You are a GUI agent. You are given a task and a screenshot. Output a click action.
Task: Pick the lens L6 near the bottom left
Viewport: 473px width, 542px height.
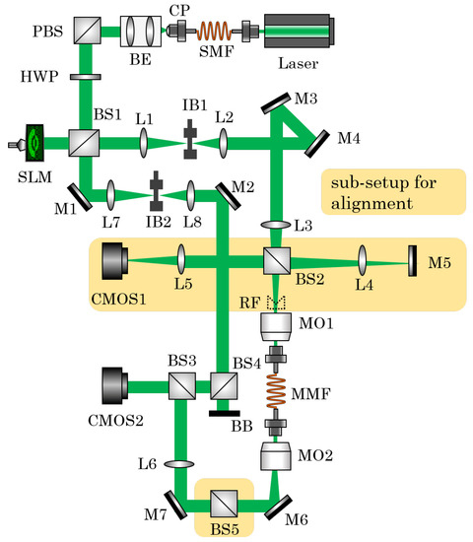coord(179,461)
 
